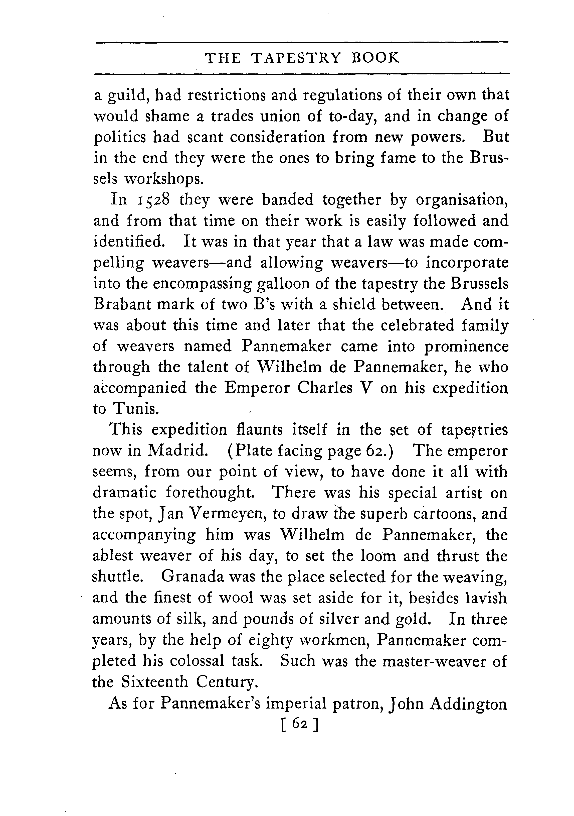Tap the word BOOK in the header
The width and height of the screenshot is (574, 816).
click(375, 58)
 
